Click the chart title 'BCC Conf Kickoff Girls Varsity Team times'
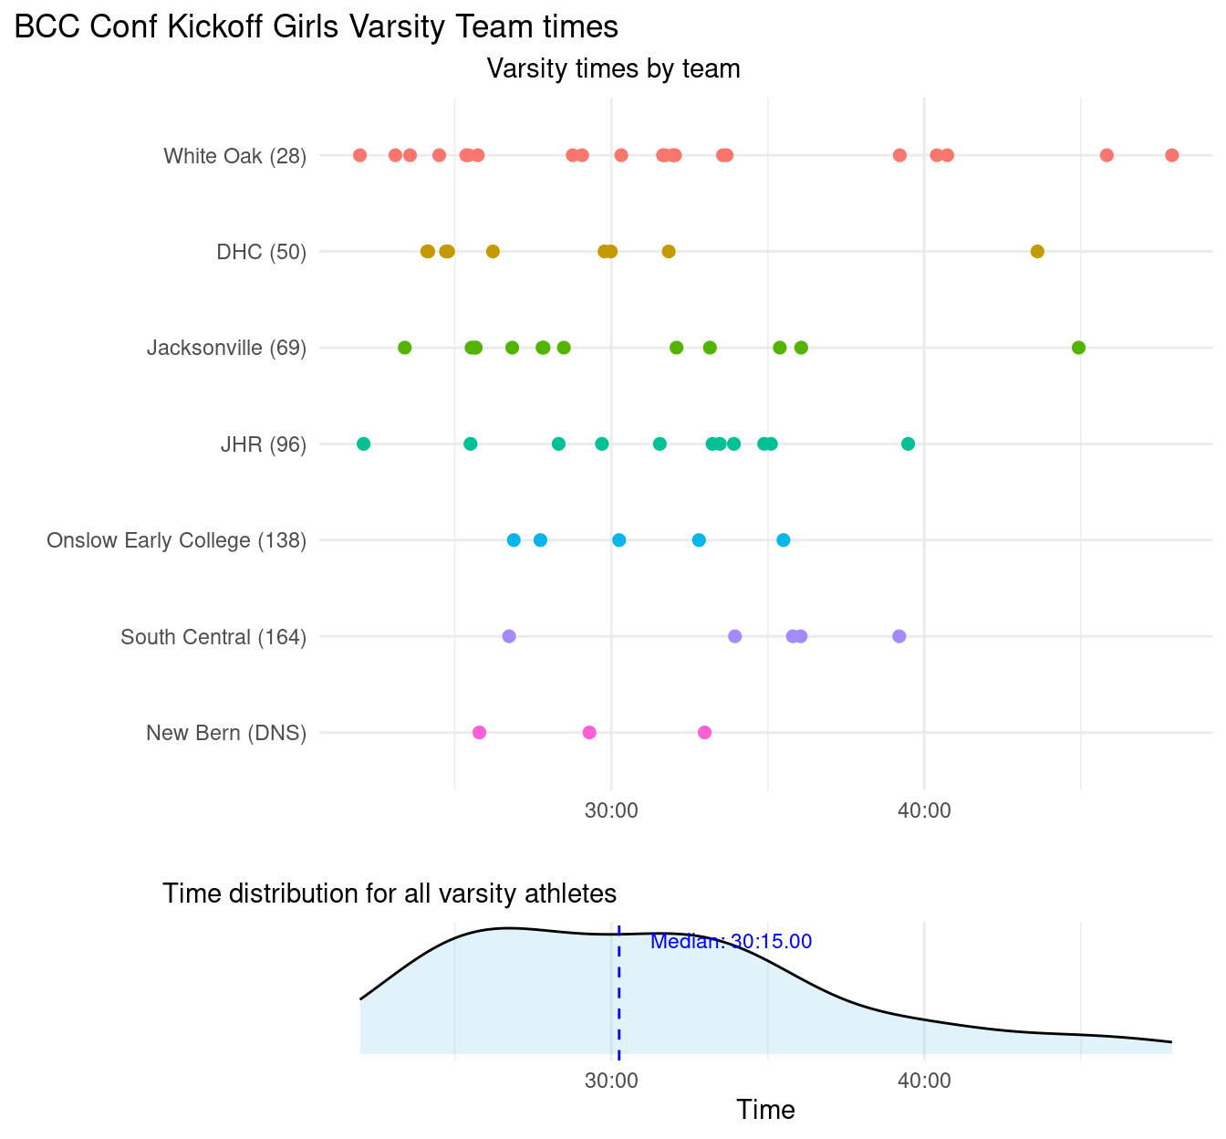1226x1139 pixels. click(317, 28)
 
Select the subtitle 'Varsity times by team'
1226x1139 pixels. click(613, 69)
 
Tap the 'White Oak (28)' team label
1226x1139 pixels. click(234, 156)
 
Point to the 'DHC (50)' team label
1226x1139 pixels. click(261, 252)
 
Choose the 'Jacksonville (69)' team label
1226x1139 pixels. click(226, 349)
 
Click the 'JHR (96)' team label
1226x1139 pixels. click(263, 444)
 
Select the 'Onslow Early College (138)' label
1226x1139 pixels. click(176, 541)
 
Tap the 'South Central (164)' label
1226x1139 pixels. click(213, 637)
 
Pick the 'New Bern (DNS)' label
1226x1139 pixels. click(225, 734)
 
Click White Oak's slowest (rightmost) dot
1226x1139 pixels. click(1171, 155)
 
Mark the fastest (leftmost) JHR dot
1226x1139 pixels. click(363, 444)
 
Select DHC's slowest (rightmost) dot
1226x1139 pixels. click(1036, 251)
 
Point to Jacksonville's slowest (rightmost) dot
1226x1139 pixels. click(1078, 348)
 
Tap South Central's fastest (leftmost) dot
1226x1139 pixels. click(509, 636)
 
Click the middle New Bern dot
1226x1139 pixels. click(589, 732)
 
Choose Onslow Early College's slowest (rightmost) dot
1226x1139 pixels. click(783, 540)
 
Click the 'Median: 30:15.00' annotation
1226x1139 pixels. click(731, 942)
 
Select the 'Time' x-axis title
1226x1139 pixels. click(765, 1110)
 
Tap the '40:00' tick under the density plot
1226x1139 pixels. click(924, 1082)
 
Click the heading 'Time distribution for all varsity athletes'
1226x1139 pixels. click(390, 893)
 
